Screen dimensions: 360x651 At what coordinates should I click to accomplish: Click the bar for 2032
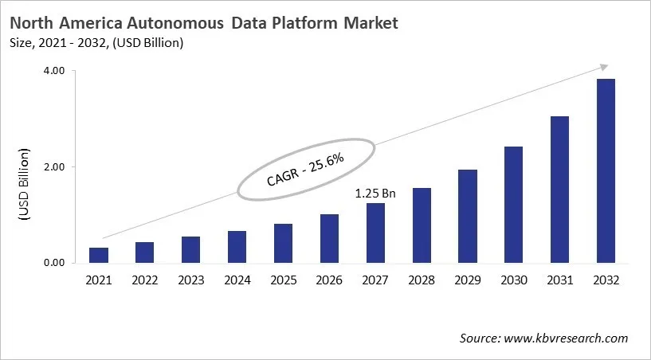(606, 170)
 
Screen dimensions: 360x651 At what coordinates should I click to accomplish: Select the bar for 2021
(99, 255)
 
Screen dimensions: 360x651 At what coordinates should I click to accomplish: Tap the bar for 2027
(375, 233)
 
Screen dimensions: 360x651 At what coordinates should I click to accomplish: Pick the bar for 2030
(514, 205)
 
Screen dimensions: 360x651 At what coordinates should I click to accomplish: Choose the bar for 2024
(237, 247)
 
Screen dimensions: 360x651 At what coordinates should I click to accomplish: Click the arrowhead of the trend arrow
(604, 68)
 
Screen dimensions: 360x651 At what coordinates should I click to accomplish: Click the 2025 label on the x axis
(283, 280)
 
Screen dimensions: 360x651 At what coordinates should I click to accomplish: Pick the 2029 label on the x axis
(468, 280)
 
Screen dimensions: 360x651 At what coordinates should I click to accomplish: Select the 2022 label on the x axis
(145, 280)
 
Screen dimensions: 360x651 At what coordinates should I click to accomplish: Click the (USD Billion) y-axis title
(23, 185)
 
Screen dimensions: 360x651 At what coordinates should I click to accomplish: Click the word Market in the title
(367, 24)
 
